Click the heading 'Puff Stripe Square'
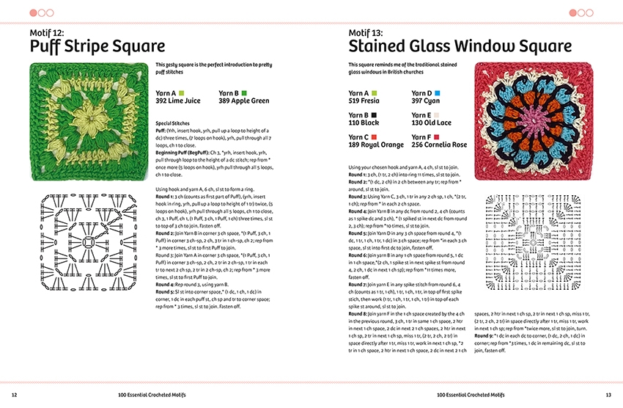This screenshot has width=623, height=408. (x=97, y=47)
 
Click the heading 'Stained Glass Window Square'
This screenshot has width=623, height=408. (x=460, y=47)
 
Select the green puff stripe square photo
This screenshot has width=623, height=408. (x=84, y=121)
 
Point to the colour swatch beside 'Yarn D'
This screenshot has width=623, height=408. (x=437, y=93)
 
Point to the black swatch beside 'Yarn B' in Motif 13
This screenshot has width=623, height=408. (x=375, y=115)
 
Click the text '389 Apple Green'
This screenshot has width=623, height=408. (x=244, y=101)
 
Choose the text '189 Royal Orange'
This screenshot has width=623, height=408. (x=374, y=145)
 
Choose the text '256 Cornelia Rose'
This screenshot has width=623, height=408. (x=439, y=145)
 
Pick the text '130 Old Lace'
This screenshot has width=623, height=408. (x=431, y=123)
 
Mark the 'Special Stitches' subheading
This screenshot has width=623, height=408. (x=173, y=123)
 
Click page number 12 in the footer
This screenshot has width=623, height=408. (x=14, y=395)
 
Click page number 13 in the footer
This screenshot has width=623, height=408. (x=608, y=395)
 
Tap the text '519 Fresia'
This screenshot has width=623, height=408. (x=364, y=101)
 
